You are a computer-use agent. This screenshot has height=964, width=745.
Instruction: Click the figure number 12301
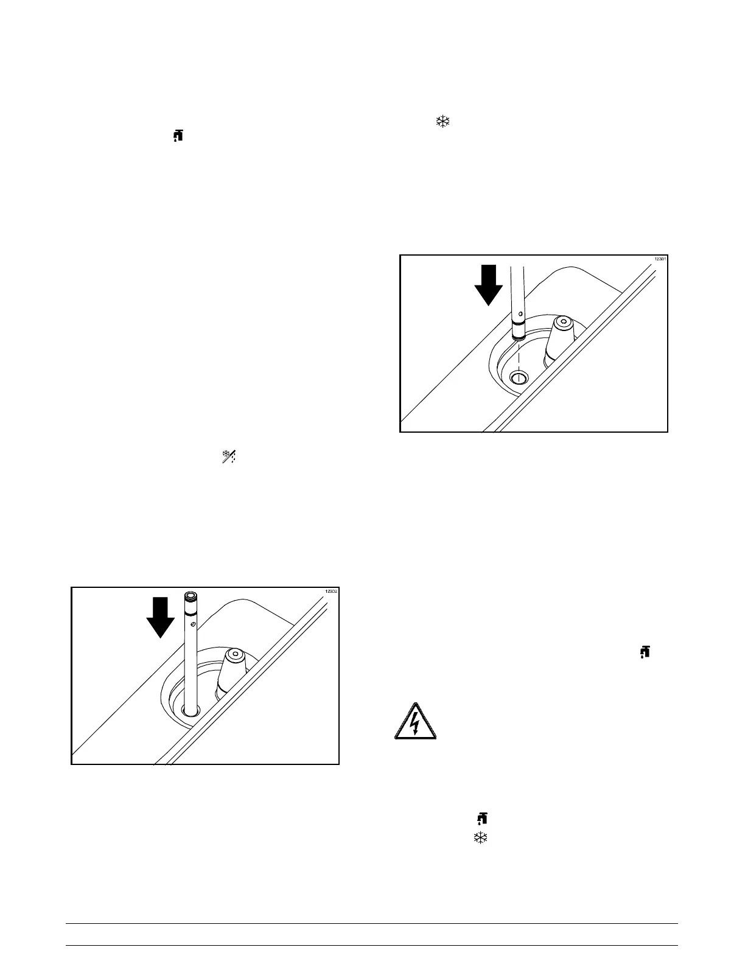click(x=660, y=259)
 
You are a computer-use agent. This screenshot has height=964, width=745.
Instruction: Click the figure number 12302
click(x=332, y=592)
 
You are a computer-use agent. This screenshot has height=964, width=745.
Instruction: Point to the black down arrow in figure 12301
click(x=488, y=285)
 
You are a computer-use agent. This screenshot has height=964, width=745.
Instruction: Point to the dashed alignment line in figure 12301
click(x=518, y=353)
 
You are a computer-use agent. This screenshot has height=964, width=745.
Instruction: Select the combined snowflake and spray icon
click(x=229, y=457)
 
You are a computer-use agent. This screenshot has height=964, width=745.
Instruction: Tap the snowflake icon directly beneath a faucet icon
click(x=481, y=838)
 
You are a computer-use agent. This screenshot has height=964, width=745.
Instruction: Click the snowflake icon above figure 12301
click(x=442, y=120)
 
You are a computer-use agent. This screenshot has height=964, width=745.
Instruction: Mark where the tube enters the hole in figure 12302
click(x=190, y=710)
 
